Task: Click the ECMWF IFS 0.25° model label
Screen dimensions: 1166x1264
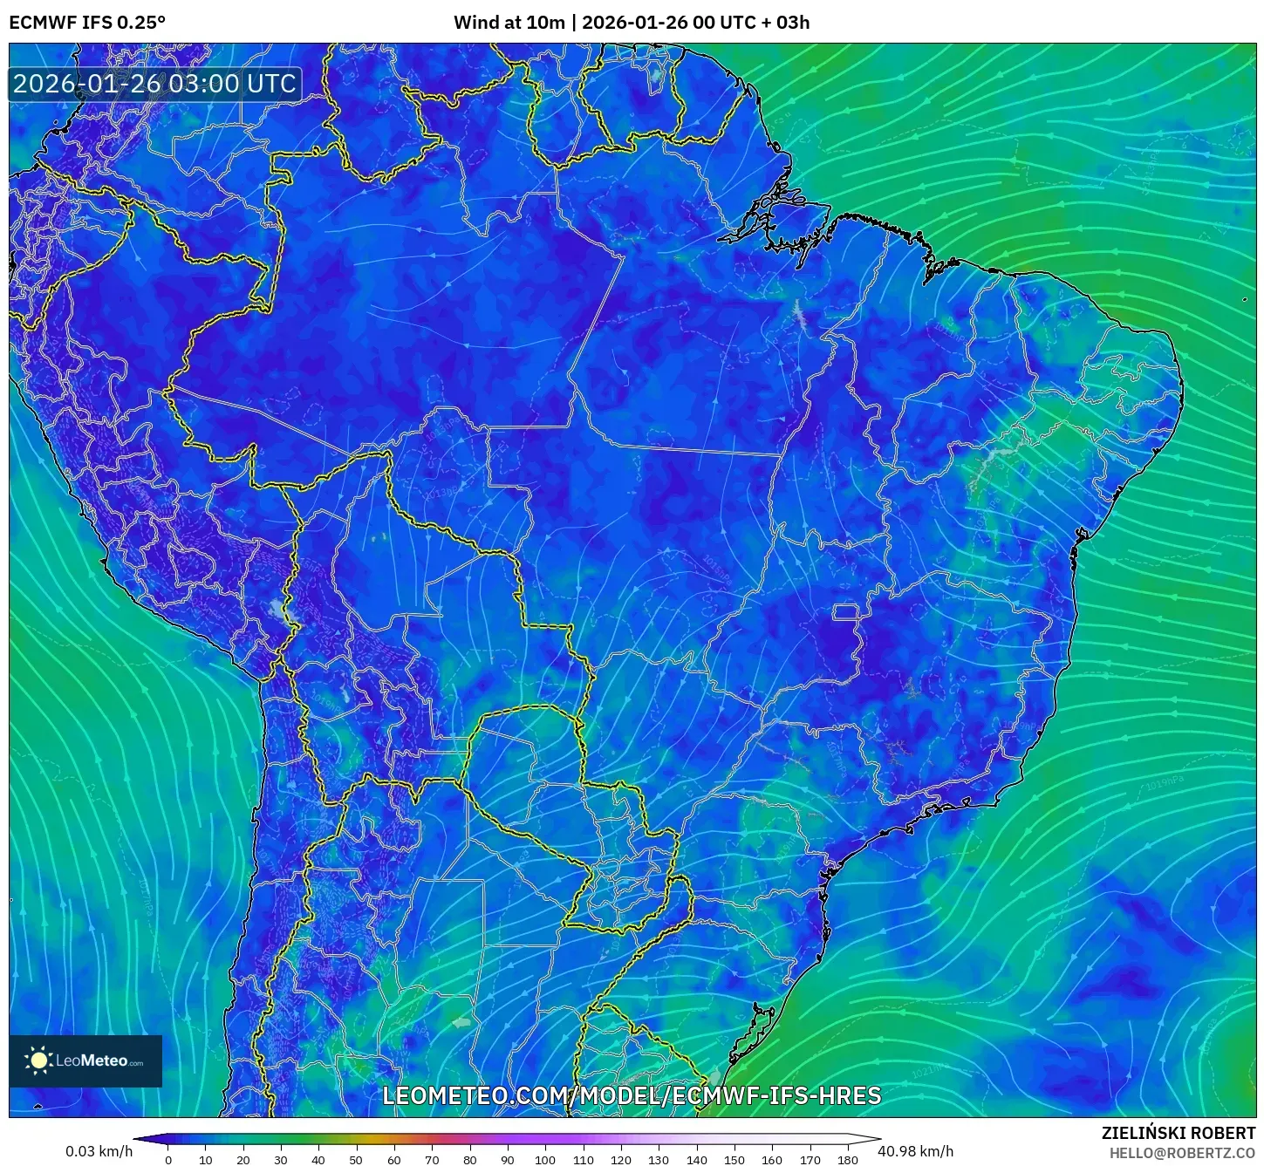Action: tap(87, 23)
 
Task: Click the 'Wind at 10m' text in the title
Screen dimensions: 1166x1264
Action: tap(509, 23)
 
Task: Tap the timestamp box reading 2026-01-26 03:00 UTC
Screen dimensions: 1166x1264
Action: tap(154, 84)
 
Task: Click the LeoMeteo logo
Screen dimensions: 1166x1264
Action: tap(85, 1060)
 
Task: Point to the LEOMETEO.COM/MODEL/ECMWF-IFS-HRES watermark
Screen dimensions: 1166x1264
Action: tap(632, 1095)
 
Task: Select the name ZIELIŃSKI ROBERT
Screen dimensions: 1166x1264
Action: tap(1178, 1133)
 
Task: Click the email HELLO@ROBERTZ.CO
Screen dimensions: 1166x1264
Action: tap(1182, 1153)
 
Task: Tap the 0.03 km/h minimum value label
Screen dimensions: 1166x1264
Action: tap(99, 1151)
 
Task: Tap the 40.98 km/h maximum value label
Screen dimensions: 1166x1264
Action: tap(915, 1151)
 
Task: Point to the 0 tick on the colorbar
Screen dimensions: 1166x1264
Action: tap(168, 1159)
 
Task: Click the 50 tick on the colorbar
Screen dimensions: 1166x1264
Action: tap(356, 1159)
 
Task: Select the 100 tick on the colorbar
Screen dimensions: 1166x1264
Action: tap(545, 1159)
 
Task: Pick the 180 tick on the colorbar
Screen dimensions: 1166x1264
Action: tap(848, 1159)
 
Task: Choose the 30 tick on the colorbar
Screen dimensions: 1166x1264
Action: tap(281, 1159)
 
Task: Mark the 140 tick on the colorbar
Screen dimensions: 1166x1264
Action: tap(696, 1159)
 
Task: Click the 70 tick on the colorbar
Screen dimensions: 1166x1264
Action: tap(432, 1159)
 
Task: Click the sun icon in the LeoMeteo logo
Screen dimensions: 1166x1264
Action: tap(39, 1060)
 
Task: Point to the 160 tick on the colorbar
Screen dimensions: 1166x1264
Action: tap(772, 1159)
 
